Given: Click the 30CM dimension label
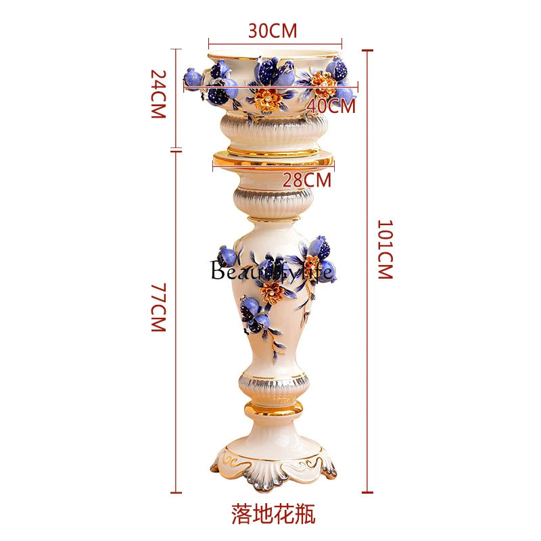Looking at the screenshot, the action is point(273,30).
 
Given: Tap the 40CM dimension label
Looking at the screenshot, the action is point(331,105).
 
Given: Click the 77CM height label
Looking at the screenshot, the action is point(158,308).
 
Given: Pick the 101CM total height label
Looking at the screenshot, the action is point(384,250).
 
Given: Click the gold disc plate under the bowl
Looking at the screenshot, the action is point(273,161).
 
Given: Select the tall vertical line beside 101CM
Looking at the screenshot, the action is point(369,270).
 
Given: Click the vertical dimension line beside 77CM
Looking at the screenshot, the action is point(178,321).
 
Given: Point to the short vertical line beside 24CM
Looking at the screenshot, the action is point(178,98).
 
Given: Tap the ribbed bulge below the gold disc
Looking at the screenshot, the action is point(273,198).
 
